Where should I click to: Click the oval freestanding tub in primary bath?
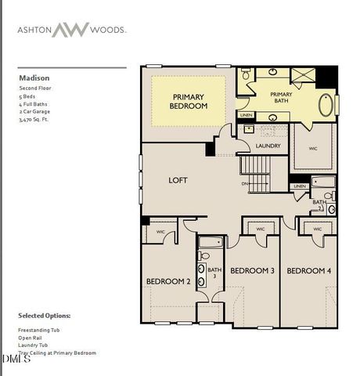click(x=325, y=106)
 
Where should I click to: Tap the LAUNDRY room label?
click(x=268, y=146)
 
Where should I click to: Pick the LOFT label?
click(x=178, y=180)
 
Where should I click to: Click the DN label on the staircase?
click(x=245, y=184)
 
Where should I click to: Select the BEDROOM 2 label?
click(x=168, y=281)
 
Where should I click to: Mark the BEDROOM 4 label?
click(x=308, y=271)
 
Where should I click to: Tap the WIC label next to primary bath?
click(x=313, y=148)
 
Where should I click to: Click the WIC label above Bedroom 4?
click(x=317, y=230)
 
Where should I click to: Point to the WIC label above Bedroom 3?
click(x=260, y=230)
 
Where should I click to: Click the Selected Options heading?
click(x=44, y=315)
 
